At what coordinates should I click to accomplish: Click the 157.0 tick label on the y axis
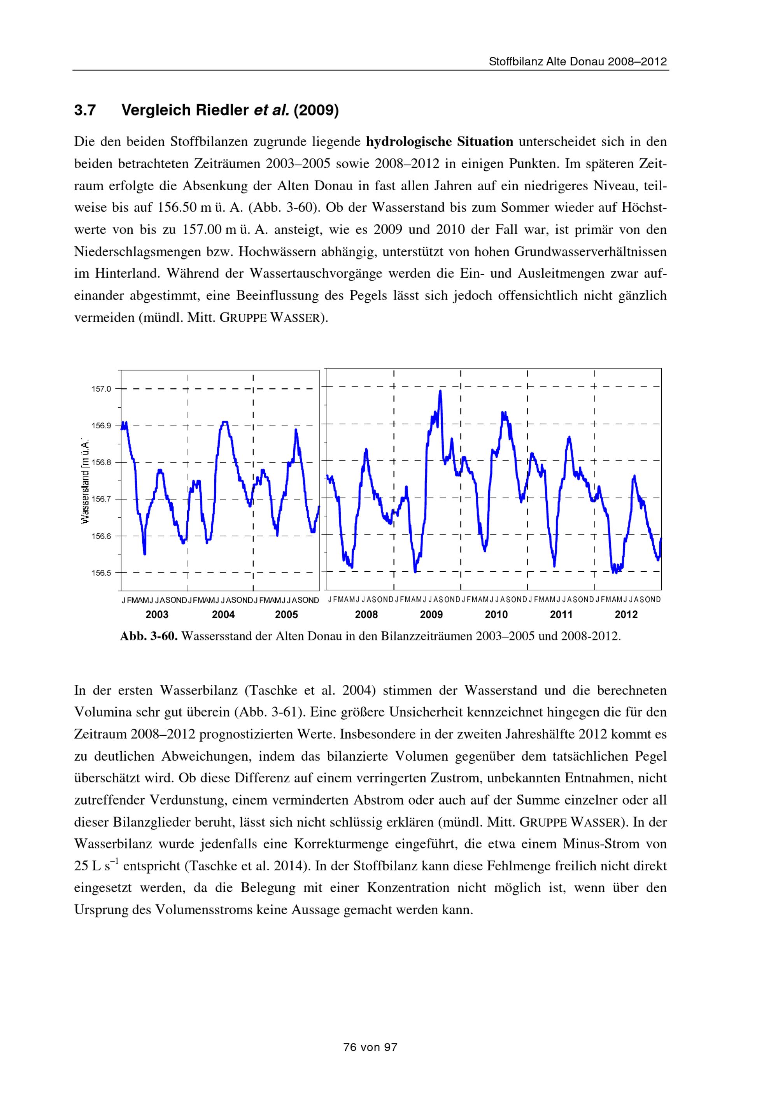(x=101, y=389)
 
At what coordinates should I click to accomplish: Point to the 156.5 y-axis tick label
(x=101, y=573)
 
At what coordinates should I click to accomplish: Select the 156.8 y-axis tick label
(x=101, y=463)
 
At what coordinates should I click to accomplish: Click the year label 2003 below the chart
(x=157, y=615)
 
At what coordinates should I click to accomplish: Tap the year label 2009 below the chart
(x=431, y=615)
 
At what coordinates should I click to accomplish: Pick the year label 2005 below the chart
(x=286, y=615)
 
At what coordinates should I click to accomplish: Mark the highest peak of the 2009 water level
(x=440, y=391)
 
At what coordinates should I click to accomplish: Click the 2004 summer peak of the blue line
(x=224, y=422)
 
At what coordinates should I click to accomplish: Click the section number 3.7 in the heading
(x=85, y=111)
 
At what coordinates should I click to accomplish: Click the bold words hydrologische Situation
(x=439, y=142)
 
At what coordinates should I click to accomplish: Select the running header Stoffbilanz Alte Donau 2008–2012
(x=578, y=62)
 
